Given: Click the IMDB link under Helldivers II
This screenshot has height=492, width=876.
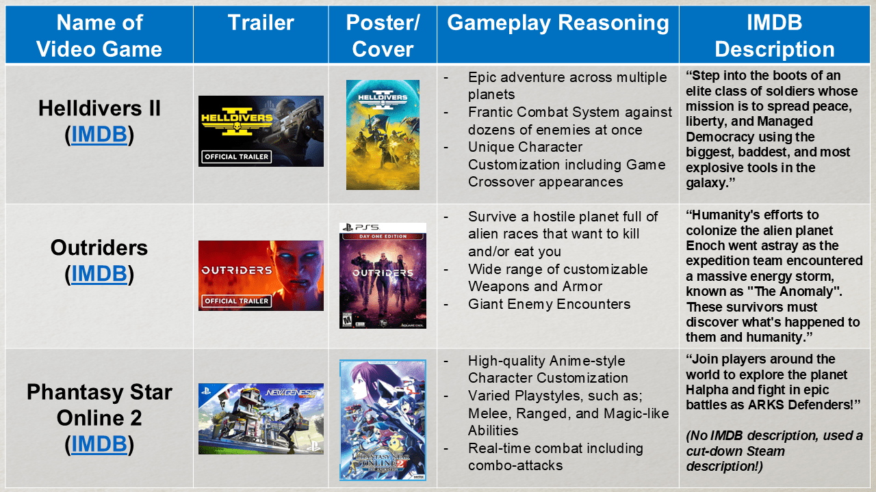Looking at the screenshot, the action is click(99, 135).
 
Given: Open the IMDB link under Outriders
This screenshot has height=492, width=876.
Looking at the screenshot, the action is click(99, 273).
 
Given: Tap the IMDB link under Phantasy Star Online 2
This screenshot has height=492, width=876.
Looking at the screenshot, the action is click(99, 444).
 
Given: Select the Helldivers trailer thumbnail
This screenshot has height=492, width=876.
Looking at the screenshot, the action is click(261, 131).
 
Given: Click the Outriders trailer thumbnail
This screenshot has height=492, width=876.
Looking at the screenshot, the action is click(261, 275).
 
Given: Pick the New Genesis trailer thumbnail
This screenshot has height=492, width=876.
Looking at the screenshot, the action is click(261, 419).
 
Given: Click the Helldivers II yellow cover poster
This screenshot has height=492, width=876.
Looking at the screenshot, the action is click(383, 135).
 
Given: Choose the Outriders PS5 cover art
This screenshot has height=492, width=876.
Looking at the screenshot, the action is click(383, 275).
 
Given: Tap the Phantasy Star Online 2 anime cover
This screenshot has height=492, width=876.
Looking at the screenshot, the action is click(383, 420).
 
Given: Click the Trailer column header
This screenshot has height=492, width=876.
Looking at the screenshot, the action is click(261, 23).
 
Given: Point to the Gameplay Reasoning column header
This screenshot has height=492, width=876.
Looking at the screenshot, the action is click(558, 23).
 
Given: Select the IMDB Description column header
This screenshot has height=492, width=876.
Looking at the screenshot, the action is click(775, 36).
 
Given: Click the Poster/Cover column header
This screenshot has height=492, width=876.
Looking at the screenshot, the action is click(383, 36).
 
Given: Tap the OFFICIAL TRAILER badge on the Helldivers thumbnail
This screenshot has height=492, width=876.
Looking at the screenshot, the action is click(237, 156).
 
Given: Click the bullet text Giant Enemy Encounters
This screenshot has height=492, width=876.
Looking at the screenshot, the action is click(549, 304).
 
